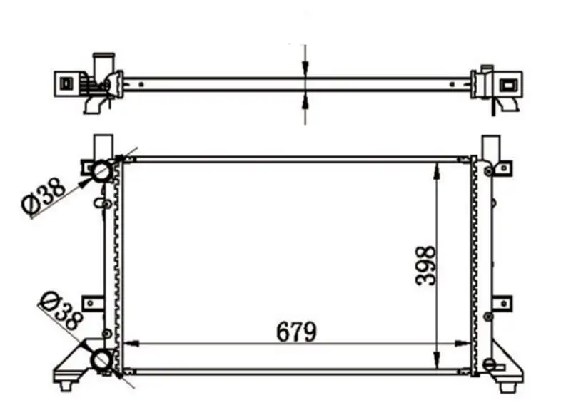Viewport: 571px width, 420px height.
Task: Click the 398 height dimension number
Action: pos(425,266)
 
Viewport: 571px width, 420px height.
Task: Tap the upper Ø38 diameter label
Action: pos(44,195)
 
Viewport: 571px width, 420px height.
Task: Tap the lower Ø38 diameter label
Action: pos(61,311)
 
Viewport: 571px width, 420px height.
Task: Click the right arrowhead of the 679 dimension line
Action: pos(464,344)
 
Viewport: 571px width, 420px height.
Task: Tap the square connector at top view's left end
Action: pos(65,83)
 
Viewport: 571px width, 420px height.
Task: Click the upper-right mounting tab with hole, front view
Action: pos(502,168)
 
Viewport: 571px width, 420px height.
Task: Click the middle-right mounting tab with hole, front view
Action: pos(502,303)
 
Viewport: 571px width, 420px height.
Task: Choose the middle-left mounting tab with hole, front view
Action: pos(91,302)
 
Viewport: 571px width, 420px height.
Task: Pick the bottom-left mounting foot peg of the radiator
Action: pos(67,385)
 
